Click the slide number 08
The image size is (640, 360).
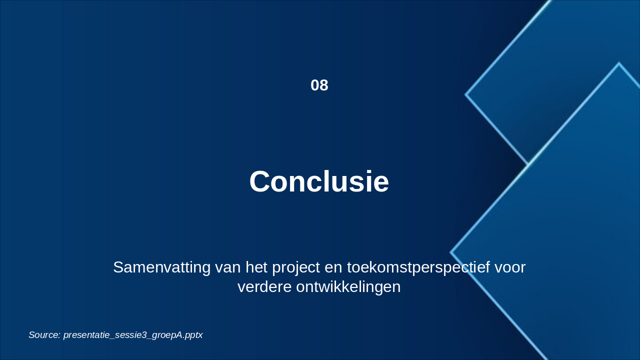tap(319, 85)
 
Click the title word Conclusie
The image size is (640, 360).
tap(319, 181)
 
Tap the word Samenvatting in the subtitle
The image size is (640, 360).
tap(161, 267)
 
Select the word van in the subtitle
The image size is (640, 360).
tap(227, 268)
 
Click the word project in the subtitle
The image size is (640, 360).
tap(296, 268)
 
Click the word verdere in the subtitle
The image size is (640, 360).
tap(264, 287)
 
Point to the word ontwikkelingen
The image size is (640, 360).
tap(348, 287)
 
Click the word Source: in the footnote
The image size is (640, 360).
tap(45, 335)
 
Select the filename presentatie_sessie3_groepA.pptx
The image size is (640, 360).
tap(133, 335)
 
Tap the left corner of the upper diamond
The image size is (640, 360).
tap(465, 94)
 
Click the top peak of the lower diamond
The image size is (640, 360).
tap(619, 63)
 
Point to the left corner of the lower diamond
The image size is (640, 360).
tap(451, 252)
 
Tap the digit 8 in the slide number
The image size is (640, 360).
tap(324, 85)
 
